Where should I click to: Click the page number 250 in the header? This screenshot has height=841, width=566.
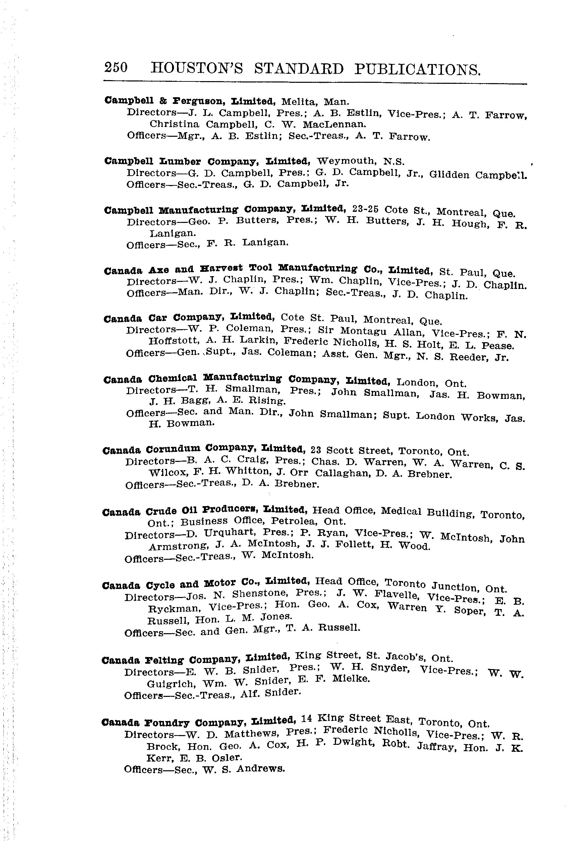coord(116,68)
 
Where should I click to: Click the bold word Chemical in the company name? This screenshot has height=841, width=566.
coord(172,378)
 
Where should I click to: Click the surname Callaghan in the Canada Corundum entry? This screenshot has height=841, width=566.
coord(343,473)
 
